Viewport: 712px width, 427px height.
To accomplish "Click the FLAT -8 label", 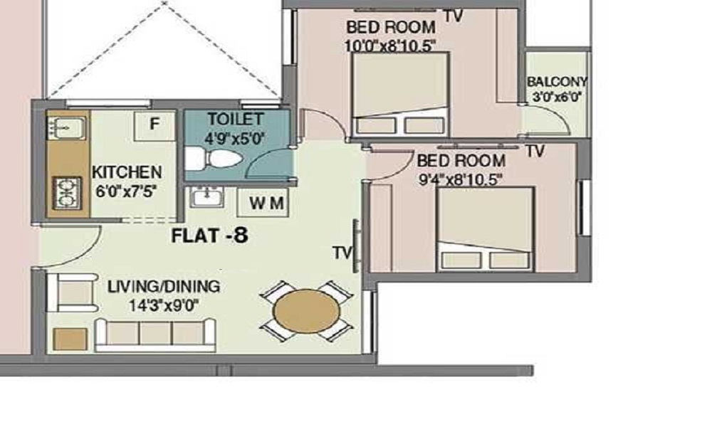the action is coord(210,236).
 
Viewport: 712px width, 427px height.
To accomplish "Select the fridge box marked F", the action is coord(155,125).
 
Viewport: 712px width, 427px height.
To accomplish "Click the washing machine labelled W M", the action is coord(263,202).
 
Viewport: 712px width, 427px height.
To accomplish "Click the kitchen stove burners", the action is coord(67,194).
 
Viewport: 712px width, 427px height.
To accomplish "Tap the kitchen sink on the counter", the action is coord(66,128).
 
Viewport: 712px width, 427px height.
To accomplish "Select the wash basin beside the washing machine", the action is coord(206,197).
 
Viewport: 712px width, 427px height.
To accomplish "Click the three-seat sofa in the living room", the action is coord(155,335).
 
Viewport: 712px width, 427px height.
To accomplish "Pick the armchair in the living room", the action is coord(73,292).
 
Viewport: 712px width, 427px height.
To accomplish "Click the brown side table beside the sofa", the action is coord(70,339).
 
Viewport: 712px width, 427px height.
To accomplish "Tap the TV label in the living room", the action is coord(342,253).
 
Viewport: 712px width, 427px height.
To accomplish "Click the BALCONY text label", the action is coord(557,82).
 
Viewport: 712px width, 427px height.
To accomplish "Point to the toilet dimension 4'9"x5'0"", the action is coord(234,137).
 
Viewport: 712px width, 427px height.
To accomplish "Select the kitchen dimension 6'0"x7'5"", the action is coord(127,191).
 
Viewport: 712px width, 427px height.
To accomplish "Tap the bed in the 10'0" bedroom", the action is coord(400,95).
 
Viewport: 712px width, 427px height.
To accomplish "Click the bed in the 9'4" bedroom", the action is coord(485,229).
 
